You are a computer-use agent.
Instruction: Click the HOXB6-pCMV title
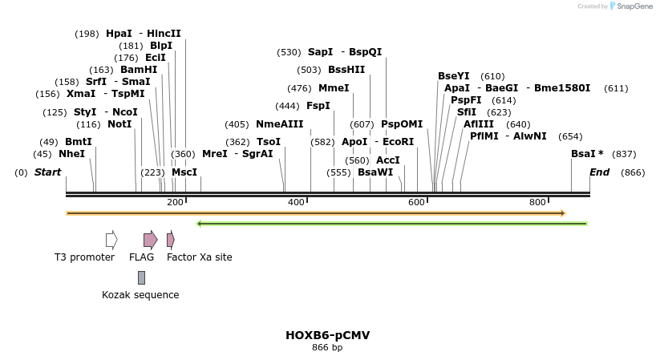327,335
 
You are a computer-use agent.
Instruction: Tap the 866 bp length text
327,347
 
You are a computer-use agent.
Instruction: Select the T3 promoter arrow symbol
111,239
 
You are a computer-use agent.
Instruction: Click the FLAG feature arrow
150,239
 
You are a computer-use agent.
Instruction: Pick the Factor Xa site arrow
170,239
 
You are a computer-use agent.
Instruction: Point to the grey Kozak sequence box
142,277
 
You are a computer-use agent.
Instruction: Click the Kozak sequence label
140,295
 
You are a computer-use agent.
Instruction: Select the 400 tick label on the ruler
296,203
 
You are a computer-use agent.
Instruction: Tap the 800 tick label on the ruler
537,203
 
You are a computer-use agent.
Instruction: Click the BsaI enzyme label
583,154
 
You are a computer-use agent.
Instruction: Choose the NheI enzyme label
71,154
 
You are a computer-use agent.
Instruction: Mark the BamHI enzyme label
139,70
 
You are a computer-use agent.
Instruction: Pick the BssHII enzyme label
346,70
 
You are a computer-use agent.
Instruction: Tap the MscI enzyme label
184,172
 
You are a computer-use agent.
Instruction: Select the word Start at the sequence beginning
47,172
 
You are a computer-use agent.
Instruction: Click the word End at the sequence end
599,172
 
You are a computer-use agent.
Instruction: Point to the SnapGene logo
631,6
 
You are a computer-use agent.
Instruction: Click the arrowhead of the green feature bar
200,224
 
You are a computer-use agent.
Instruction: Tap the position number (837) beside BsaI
623,154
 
